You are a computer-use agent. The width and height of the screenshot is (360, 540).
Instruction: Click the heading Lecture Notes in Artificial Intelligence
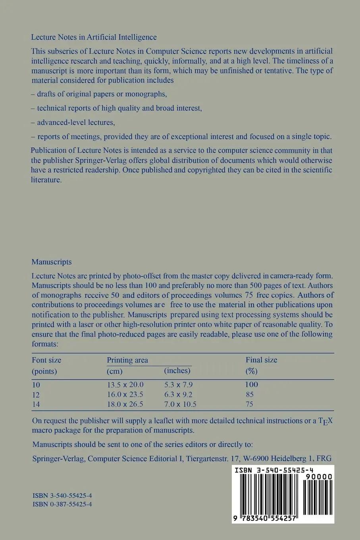94,37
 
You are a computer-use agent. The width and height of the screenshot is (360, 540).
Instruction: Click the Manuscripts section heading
52,262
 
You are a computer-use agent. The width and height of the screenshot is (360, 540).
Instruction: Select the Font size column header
46,360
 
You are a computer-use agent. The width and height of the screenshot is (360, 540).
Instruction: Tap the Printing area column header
127,360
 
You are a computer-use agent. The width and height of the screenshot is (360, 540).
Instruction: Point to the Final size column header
261,360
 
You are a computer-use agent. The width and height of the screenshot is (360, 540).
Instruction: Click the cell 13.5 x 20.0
125,384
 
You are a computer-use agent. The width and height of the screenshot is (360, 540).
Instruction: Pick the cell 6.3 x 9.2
178,394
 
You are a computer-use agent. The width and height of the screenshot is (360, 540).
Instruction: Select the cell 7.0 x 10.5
180,404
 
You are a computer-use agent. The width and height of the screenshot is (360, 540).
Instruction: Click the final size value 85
250,394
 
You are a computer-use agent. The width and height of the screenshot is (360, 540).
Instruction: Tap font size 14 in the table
36,404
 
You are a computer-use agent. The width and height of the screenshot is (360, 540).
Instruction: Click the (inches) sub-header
177,370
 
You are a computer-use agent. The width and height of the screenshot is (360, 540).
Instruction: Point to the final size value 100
252,384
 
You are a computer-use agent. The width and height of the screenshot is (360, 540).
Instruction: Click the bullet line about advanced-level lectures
73,122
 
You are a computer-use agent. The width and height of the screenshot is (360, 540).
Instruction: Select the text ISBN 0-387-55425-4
62,504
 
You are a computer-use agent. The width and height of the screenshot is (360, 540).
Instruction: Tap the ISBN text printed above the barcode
274,470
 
